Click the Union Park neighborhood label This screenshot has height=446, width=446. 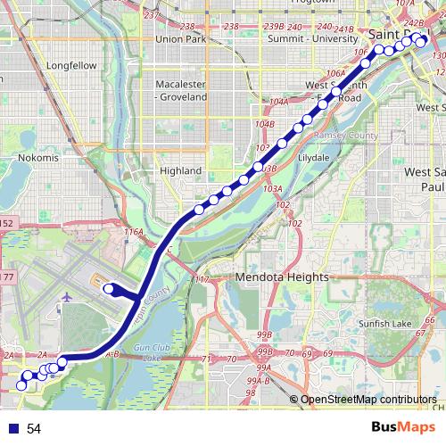181,39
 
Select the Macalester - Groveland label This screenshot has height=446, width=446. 180,90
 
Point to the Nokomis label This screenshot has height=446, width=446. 37,158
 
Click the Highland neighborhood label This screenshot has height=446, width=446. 180,169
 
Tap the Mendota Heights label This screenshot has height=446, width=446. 282,277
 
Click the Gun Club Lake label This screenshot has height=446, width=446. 153,351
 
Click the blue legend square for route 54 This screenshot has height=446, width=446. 12,429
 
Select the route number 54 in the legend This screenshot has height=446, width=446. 34,429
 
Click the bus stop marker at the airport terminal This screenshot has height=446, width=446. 110,288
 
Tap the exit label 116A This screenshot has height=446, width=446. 133,232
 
